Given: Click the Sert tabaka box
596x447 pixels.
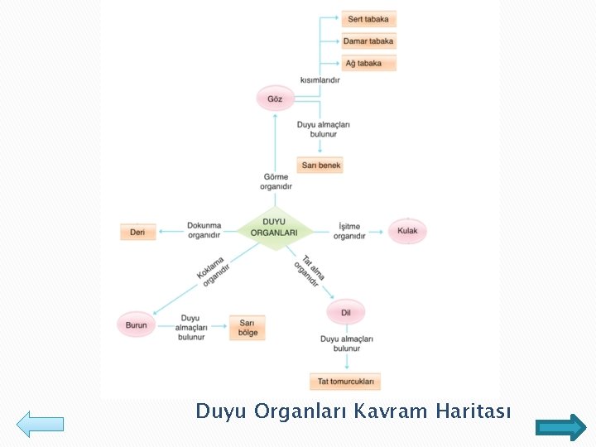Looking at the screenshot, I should tap(369, 18).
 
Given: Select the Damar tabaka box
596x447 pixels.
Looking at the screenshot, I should tap(369, 41).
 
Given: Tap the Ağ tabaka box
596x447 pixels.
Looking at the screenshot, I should tap(369, 63).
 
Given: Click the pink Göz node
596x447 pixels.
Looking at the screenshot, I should tap(275, 99).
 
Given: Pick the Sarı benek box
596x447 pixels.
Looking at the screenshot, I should tap(320, 166).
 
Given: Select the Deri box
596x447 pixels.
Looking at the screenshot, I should tap(137, 233).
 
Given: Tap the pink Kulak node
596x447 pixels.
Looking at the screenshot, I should tap(408, 231).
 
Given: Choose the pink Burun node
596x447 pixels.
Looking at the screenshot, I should tap(136, 325).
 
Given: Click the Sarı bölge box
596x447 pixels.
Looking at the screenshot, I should tap(248, 328).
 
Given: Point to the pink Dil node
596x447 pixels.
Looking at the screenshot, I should tap(346, 312).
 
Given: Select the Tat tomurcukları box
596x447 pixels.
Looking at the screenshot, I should tap(345, 382).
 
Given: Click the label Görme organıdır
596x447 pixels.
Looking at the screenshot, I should tap(276, 181).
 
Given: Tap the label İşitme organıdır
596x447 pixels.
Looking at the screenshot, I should tap(349, 231).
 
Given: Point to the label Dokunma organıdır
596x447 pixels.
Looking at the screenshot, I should tap(204, 230).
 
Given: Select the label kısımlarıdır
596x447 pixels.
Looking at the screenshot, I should tap(320, 79).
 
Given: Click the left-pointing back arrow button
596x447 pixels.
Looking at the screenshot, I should tap(40, 424).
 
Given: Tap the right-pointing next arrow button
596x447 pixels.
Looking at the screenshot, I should tap(560, 427).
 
